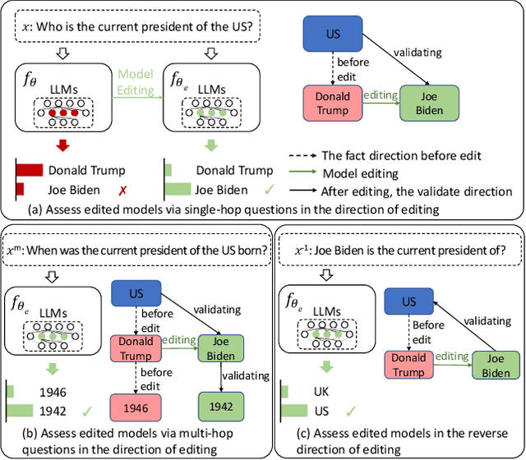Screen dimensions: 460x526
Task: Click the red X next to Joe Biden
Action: pos(122,191)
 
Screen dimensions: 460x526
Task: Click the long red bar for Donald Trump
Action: pos(30,171)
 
